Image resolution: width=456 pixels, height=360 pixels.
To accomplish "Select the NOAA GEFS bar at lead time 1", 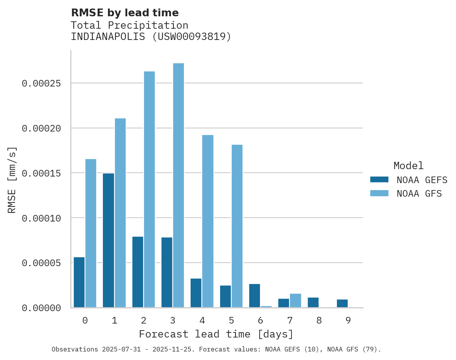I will [x=108, y=241].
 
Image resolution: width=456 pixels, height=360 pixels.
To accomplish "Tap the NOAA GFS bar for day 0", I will [x=91, y=233].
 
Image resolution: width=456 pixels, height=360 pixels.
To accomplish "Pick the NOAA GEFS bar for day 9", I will [x=342, y=303].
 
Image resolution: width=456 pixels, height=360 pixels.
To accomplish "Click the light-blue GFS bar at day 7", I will [x=295, y=301].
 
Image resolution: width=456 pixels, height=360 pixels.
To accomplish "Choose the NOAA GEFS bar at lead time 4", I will [x=196, y=293].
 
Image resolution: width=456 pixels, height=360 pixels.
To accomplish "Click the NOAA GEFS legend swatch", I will [x=379, y=180].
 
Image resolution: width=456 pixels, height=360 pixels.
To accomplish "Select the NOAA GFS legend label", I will [x=419, y=194].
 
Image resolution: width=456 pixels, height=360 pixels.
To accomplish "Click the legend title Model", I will [x=408, y=166].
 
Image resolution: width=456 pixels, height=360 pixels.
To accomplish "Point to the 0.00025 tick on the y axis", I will [x=42, y=83].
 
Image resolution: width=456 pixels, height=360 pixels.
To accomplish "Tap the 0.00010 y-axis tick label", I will [x=42, y=218].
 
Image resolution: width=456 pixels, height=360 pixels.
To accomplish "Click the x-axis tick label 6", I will [x=260, y=321].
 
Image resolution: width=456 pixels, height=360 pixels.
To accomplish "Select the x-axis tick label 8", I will [x=319, y=321].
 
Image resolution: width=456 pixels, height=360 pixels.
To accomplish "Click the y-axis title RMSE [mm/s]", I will [x=12, y=180].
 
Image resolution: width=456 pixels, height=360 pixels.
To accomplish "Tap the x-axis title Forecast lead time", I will [x=216, y=334].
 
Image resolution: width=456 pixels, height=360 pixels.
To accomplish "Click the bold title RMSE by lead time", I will [x=125, y=13].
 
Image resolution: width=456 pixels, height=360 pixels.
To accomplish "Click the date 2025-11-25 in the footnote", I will [x=174, y=350].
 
